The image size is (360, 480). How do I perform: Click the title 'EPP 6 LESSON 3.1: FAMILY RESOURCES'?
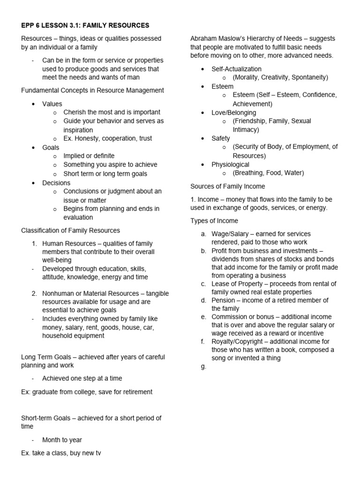pos(85,25)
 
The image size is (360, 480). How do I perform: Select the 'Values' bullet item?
pos(52,104)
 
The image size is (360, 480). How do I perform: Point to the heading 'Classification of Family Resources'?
pos(70,230)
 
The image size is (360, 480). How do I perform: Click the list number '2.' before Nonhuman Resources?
pos(34,293)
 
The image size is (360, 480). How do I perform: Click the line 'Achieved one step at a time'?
pos(82,378)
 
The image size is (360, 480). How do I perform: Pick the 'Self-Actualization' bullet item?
pos(236,69)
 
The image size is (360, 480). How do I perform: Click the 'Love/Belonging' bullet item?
pos(233,112)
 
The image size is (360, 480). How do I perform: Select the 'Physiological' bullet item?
pos(230,165)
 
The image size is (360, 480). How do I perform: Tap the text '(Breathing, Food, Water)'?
pos(268,173)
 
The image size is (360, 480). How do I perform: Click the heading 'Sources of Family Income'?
pos(227,187)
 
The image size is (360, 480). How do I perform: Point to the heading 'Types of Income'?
pos(214,221)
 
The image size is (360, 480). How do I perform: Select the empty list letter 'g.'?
pos(203,367)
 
